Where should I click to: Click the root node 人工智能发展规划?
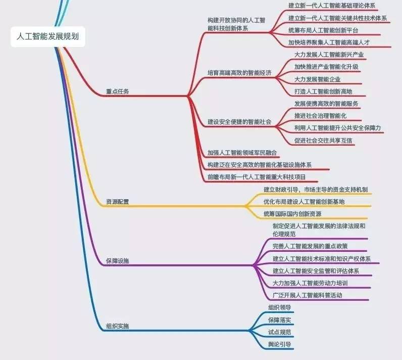(48, 37)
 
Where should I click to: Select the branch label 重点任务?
(117, 92)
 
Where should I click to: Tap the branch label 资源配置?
(117, 202)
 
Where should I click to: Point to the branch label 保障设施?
(117, 261)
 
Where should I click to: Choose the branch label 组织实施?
(117, 326)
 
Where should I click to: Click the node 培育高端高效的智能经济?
(239, 73)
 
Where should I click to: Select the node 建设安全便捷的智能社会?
(239, 122)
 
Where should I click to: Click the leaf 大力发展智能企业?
(317, 79)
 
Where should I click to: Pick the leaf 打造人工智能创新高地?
(323, 92)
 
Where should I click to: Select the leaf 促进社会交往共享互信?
(323, 140)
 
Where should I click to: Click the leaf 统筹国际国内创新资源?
(292, 213)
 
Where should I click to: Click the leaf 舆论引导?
(279, 344)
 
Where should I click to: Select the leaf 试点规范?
(279, 332)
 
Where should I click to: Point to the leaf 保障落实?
(279, 320)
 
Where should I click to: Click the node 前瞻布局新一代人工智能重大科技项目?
(256, 177)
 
